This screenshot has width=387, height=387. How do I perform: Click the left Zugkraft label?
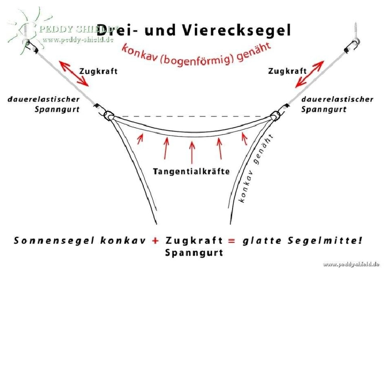[x=98, y=71]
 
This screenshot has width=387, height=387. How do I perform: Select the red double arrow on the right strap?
[x=310, y=74]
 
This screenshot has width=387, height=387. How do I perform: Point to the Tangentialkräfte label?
[x=191, y=171]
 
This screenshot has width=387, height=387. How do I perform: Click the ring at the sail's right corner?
[x=275, y=115]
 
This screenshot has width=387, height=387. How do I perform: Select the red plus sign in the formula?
[x=155, y=241]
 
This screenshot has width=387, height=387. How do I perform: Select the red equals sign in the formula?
[x=231, y=241]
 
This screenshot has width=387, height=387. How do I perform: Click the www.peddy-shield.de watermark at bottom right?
[x=351, y=264]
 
